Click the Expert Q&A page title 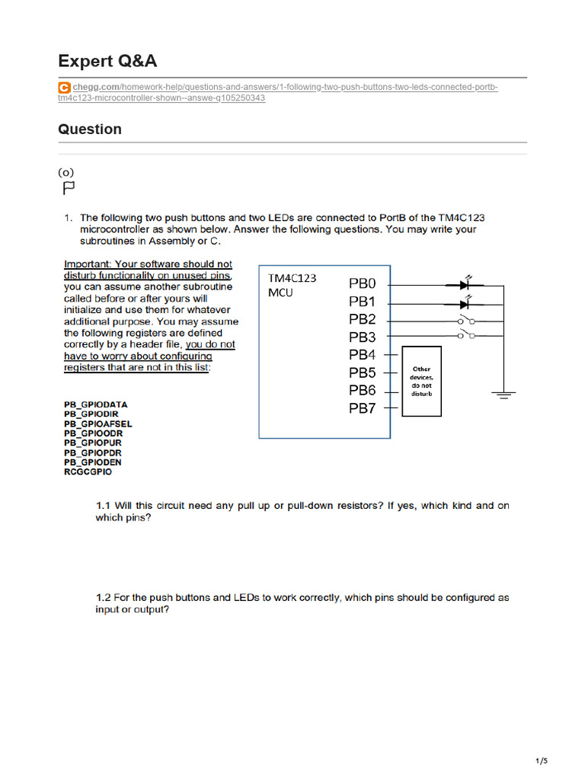[107, 61]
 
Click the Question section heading [90, 129]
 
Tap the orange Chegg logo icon [65, 88]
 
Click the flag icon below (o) [68, 187]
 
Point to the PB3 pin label [363, 337]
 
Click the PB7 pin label [363, 408]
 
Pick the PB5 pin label [363, 372]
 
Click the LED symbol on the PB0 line [466, 284]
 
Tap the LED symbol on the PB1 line [466, 302]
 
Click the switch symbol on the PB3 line [466, 335]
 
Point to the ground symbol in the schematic [502, 395]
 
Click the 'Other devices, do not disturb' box [421, 381]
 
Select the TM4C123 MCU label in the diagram [291, 285]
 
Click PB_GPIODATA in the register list [96, 404]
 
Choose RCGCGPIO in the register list [88, 472]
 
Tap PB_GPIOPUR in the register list [93, 443]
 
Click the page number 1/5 [542, 760]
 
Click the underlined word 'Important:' [88, 264]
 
